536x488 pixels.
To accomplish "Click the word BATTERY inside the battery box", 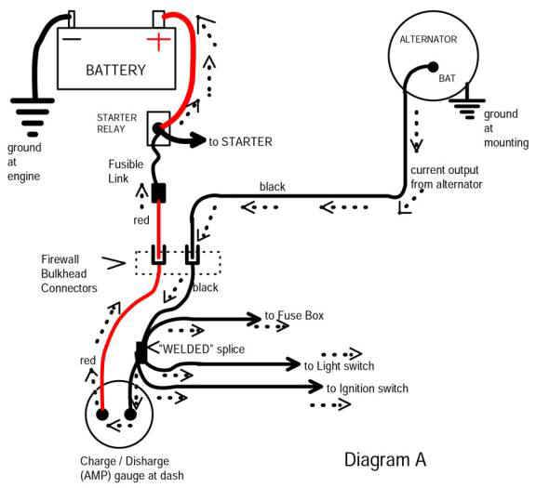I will [x=116, y=71].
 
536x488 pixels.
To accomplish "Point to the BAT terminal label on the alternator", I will [x=449, y=79].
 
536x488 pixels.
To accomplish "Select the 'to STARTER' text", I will [x=240, y=142].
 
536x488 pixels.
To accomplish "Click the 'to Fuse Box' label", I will [x=294, y=316].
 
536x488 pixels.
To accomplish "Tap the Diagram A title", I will [x=385, y=459].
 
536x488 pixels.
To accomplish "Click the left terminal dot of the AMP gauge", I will [x=104, y=415].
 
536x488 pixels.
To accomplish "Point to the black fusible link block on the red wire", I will [x=158, y=193].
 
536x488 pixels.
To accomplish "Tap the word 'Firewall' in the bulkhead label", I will [x=62, y=257].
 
